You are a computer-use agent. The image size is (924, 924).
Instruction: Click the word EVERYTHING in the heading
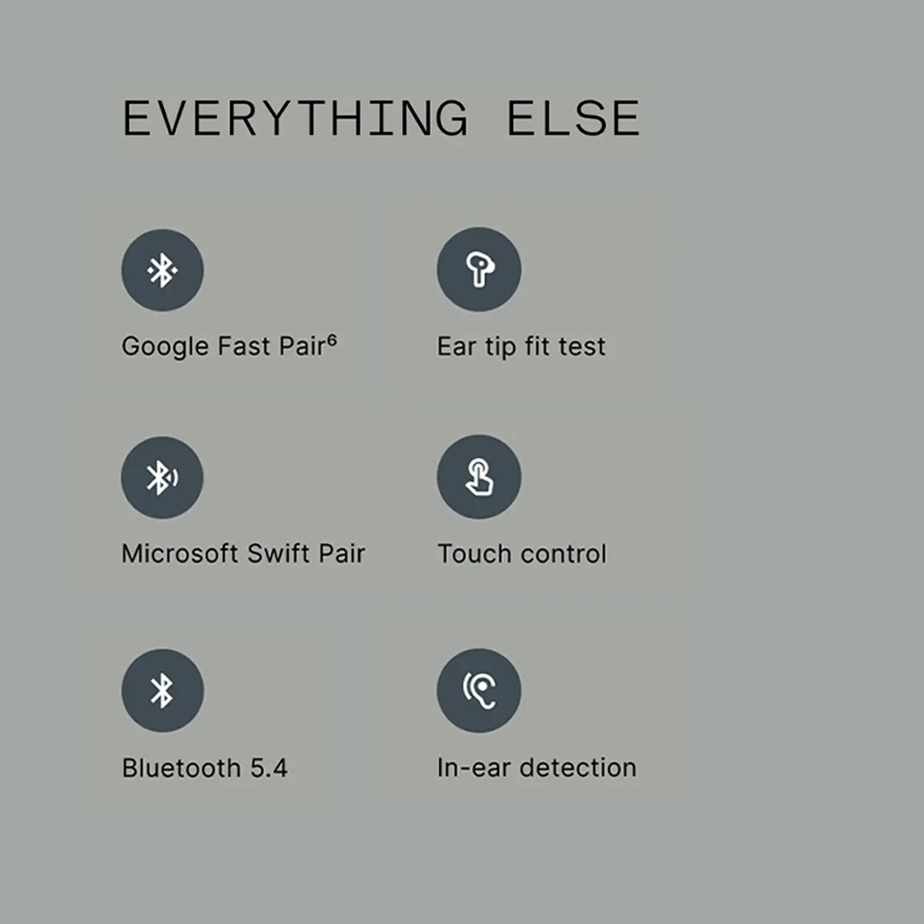point(295,118)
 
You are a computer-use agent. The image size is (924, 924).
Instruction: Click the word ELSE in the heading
point(574,118)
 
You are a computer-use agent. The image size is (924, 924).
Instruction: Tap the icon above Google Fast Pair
point(162,270)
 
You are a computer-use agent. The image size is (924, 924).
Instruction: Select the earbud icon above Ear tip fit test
point(479,269)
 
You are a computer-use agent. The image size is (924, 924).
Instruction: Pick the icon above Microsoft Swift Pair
point(162,477)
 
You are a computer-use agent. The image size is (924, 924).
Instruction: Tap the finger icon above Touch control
point(479,477)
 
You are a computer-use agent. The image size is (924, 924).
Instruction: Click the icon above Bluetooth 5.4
point(162,691)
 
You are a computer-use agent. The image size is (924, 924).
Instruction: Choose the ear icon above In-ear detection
point(479,691)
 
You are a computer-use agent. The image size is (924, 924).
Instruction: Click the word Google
point(166,347)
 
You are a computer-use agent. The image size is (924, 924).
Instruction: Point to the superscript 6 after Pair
point(332,340)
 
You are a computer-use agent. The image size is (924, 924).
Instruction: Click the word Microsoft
point(180,554)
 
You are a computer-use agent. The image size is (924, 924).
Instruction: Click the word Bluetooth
point(182,768)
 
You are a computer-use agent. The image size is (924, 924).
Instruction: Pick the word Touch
point(475,554)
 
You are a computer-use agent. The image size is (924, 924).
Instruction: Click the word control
point(564,554)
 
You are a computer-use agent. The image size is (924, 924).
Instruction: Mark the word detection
point(578,767)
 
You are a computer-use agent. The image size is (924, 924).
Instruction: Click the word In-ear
point(474,767)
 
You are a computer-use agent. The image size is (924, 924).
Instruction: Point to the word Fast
point(244,346)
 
